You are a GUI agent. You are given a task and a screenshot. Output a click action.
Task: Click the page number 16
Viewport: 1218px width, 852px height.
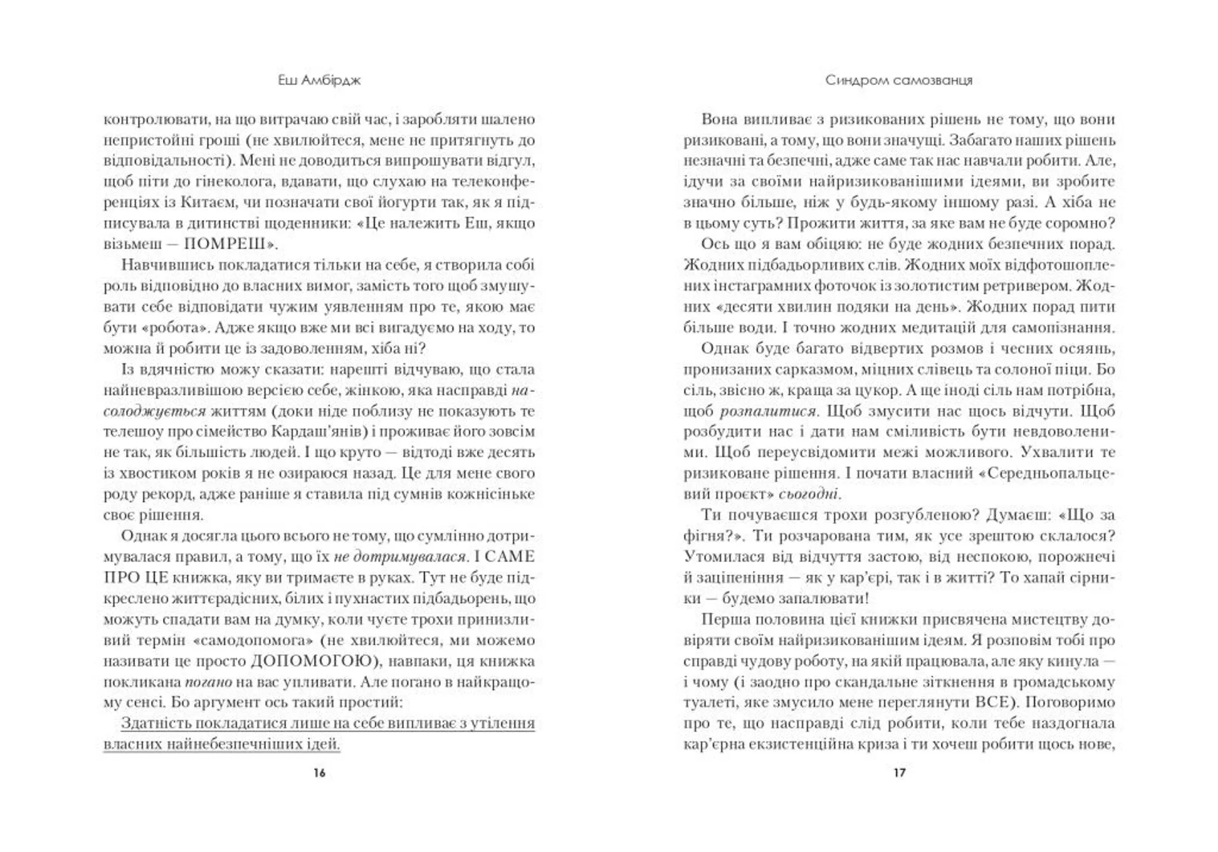pyautogui.click(x=319, y=773)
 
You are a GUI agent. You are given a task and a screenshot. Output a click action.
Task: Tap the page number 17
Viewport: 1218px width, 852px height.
pyautogui.click(x=900, y=773)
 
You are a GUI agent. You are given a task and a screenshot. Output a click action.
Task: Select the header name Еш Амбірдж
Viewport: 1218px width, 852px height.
pyautogui.click(x=319, y=81)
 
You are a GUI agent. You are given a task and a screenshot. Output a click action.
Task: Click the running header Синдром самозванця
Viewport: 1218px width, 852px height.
pyautogui.click(x=899, y=81)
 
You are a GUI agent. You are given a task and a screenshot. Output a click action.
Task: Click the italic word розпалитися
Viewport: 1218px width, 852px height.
pyautogui.click(x=768, y=411)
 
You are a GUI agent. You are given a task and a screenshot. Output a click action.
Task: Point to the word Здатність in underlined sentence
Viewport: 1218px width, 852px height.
pyautogui.click(x=155, y=723)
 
